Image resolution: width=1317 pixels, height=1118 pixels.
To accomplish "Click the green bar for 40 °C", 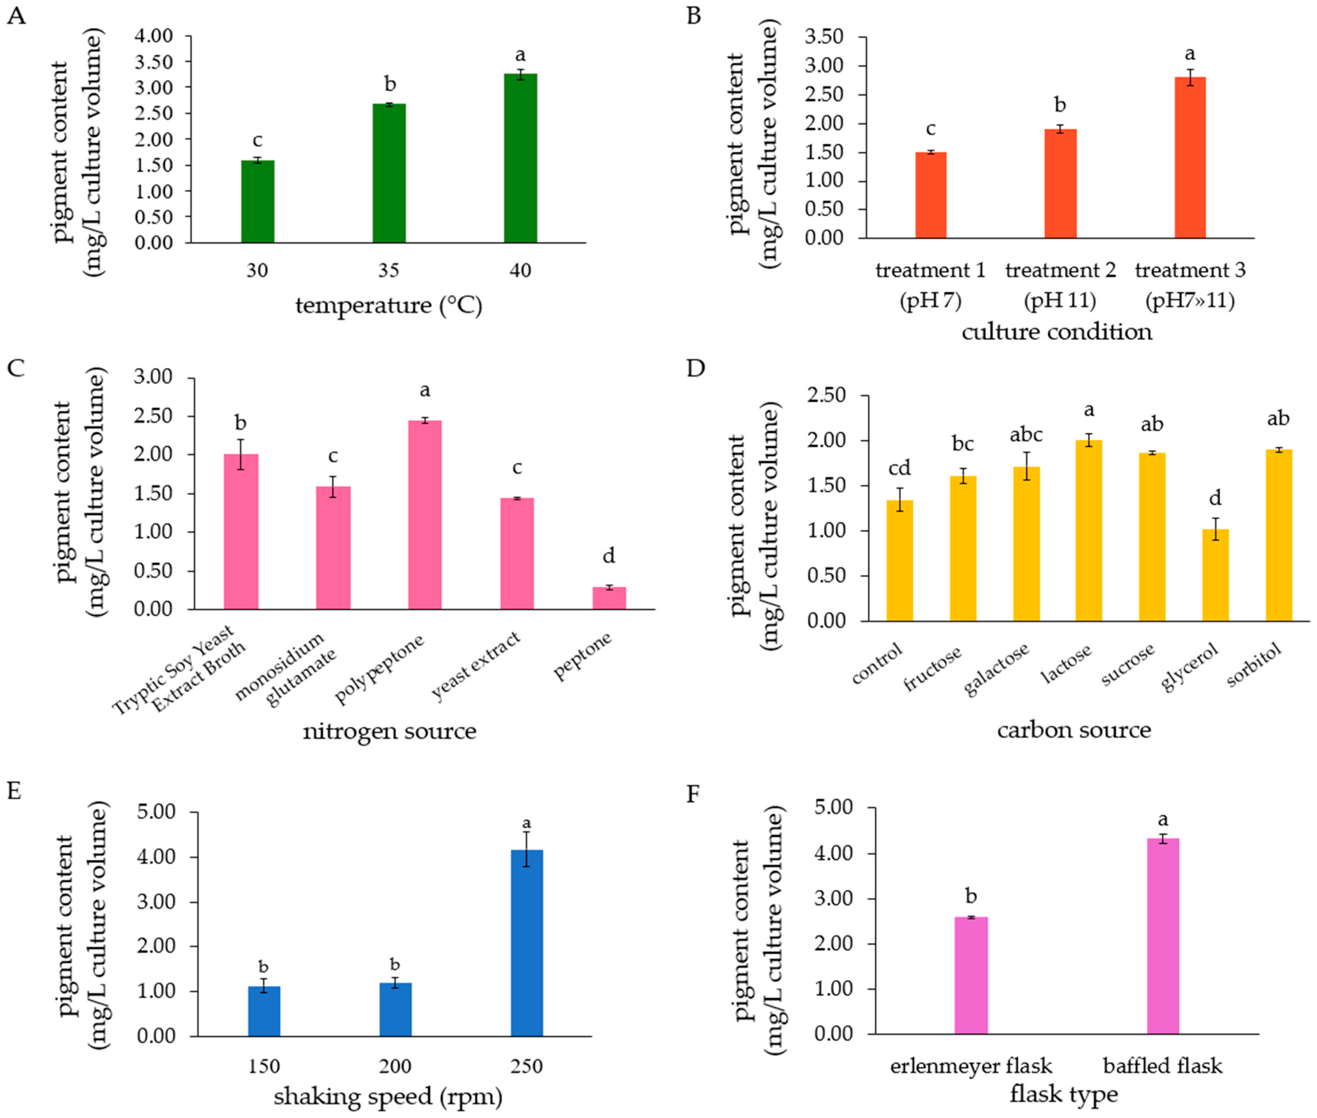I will (x=520, y=158).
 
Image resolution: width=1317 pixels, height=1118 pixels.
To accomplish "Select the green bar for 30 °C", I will (x=257, y=202).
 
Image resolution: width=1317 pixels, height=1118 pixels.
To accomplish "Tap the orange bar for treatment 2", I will (x=1060, y=184).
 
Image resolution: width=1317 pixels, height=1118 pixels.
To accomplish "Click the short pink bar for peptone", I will (x=609, y=598).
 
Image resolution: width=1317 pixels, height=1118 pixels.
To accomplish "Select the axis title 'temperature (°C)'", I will (x=388, y=305).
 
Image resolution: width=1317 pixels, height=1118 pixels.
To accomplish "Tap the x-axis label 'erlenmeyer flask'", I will (x=971, y=1066).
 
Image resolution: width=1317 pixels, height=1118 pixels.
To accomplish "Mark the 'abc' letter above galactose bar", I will (x=1025, y=435).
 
